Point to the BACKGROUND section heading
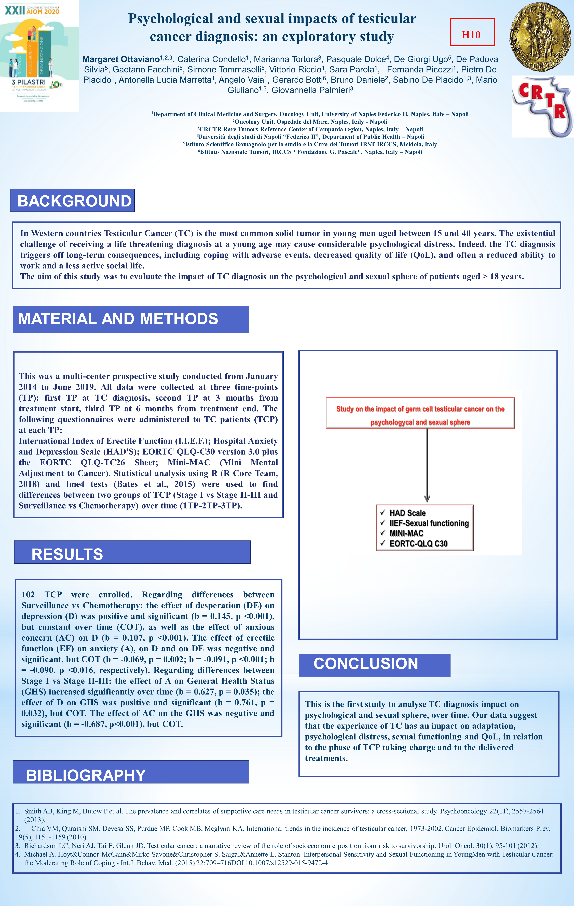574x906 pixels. click(x=72, y=201)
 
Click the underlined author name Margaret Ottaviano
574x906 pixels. click(x=121, y=59)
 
